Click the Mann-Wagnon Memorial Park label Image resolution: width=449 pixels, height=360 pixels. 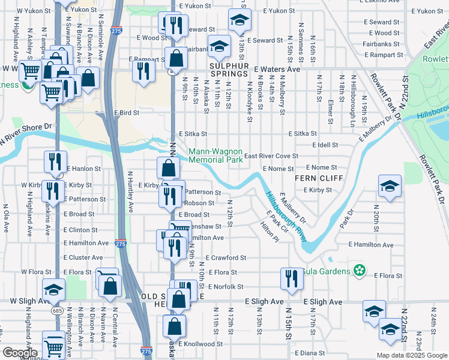[x=216, y=156]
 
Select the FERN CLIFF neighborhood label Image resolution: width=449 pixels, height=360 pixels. [x=318, y=179]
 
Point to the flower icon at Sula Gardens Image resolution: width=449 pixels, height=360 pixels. [x=360, y=271]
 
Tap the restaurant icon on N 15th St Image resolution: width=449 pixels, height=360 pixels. [x=292, y=278]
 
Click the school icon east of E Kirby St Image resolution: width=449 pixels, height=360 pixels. [x=390, y=186]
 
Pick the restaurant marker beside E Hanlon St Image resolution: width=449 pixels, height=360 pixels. [x=54, y=162]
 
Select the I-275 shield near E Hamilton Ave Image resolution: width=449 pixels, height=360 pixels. [x=119, y=244]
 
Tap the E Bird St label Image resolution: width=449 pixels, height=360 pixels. [x=126, y=112]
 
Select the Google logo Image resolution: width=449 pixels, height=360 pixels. [x=20, y=352]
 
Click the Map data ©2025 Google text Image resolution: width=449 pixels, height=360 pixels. [x=411, y=355]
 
